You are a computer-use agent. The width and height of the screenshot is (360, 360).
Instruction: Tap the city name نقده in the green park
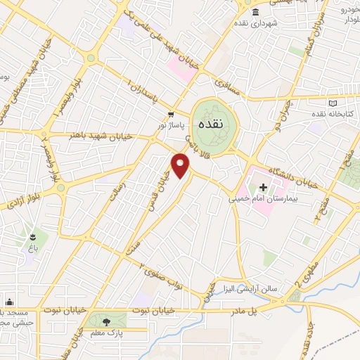(211, 123)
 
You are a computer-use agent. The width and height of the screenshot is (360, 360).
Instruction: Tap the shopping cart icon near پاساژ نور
(171, 113)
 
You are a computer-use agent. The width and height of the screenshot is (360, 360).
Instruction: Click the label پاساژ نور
(171, 123)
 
